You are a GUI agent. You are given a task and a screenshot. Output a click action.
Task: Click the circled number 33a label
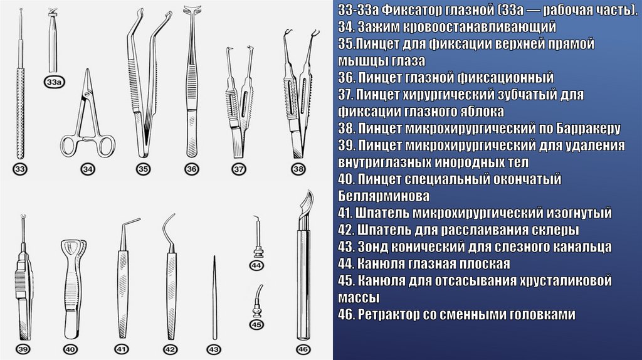point(55,82)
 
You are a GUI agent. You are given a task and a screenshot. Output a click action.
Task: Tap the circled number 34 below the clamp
point(88,169)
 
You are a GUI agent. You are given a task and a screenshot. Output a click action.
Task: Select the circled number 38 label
point(298,169)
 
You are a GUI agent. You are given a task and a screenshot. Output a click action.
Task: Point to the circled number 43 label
point(214,349)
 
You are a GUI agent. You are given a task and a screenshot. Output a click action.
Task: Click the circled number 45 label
point(256,324)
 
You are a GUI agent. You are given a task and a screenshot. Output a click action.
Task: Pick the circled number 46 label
point(303,349)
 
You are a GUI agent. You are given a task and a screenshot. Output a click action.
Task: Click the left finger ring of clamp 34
point(71,147)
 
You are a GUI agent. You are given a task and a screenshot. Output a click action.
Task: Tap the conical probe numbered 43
point(214,298)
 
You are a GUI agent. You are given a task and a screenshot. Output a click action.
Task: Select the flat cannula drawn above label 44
point(258,238)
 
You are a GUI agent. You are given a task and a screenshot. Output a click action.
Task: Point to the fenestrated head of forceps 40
point(74,248)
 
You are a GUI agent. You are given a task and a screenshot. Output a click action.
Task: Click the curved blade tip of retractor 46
point(305,205)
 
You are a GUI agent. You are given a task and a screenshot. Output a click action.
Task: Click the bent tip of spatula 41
point(130,223)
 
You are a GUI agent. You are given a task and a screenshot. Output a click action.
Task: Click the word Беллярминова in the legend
point(384,196)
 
